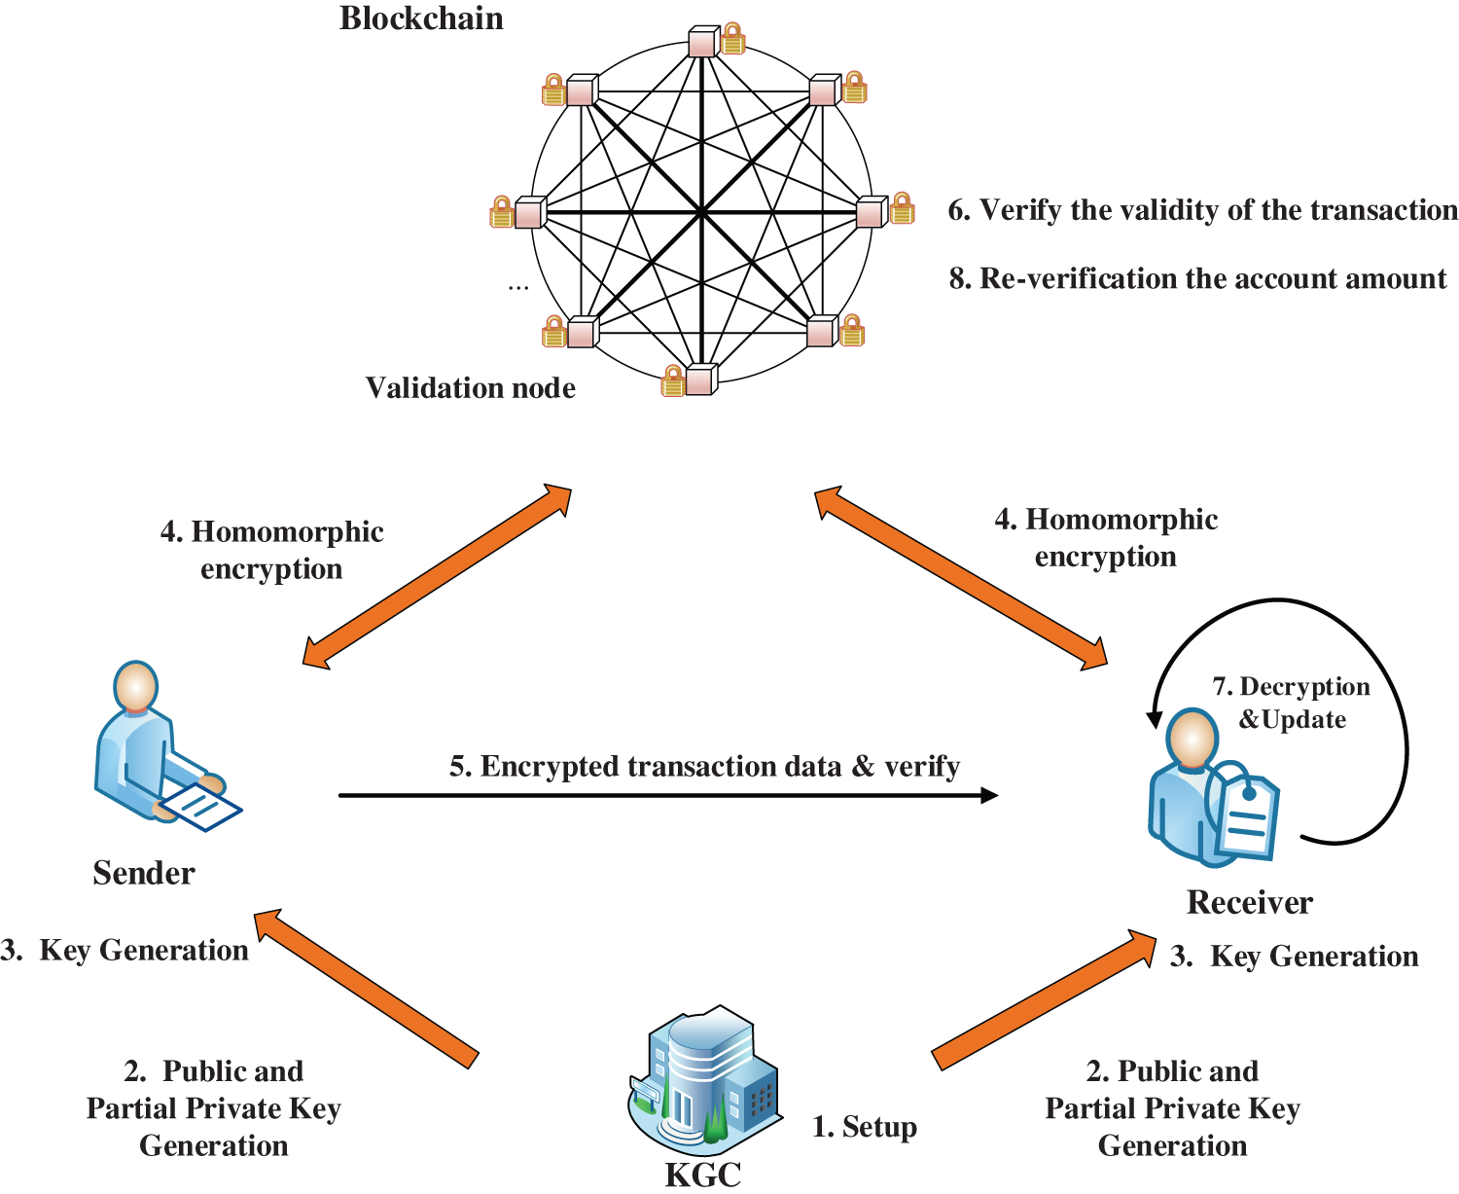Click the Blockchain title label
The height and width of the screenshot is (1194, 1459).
tap(421, 19)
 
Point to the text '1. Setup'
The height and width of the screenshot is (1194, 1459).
tap(864, 1127)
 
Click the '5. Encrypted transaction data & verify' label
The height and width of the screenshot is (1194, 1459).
tap(704, 767)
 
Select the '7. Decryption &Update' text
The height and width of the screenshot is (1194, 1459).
tap(1291, 703)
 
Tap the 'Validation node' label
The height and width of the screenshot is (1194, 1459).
tap(470, 388)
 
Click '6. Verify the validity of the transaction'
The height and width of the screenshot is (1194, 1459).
tap(1202, 210)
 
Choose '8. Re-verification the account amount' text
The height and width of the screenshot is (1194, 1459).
tap(1197, 279)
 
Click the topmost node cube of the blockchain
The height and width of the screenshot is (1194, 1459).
tap(702, 43)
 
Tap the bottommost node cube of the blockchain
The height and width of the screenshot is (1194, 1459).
tap(700, 380)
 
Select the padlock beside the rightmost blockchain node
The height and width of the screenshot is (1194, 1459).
tap(903, 208)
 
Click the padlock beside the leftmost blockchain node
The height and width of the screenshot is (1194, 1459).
tap(501, 212)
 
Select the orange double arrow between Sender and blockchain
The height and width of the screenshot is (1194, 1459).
tap(437, 576)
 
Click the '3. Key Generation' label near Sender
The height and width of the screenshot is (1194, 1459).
tap(125, 951)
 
